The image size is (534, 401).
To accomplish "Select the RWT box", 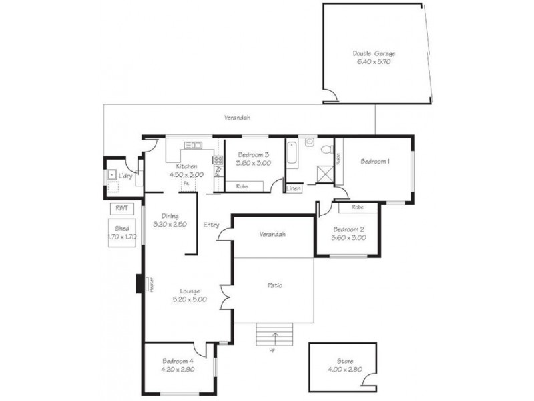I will click(121, 208).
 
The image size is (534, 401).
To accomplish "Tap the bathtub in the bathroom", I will click(292, 156).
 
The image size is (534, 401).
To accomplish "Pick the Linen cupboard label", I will click(294, 189).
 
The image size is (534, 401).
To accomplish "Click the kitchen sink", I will click(194, 145).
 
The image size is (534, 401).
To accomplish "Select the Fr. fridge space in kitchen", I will click(187, 182).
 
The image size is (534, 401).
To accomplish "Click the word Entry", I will click(212, 225).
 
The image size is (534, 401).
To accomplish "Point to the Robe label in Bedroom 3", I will click(242, 186).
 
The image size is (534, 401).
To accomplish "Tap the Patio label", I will click(274, 285).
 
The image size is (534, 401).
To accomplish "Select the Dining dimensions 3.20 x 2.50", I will click(169, 224).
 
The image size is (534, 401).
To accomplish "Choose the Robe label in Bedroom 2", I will click(357, 208).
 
